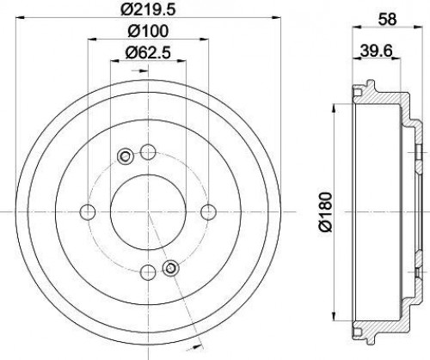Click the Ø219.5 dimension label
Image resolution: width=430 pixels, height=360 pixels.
[x=148, y=9]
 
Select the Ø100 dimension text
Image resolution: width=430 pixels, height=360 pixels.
[x=148, y=31]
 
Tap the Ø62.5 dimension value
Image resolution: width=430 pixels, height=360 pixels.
[x=148, y=52]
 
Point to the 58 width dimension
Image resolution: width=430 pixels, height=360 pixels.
[x=387, y=19]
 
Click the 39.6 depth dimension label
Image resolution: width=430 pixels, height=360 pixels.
[x=376, y=51]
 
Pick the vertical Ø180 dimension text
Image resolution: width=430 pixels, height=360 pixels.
[x=325, y=212]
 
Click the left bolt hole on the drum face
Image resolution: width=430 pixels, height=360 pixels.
[x=88, y=212]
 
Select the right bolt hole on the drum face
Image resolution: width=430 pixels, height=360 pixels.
[x=208, y=212]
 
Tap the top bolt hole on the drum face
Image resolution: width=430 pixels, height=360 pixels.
[x=148, y=152]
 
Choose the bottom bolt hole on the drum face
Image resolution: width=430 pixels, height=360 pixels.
[x=148, y=272]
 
